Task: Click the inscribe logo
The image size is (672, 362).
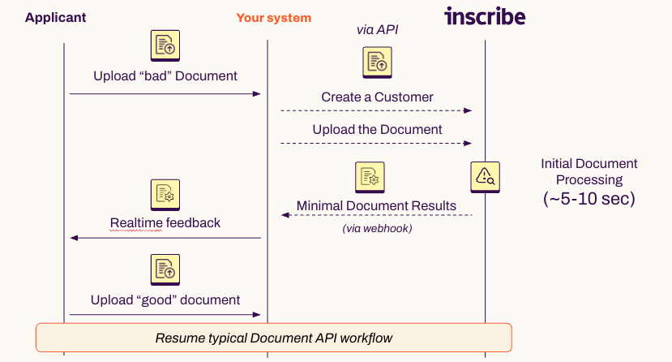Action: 485,16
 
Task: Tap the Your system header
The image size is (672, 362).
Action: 273,18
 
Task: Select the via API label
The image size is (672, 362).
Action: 378,30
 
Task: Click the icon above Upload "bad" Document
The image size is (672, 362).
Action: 165,45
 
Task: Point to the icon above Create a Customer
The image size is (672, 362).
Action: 377,62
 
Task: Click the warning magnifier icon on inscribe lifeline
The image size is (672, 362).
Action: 485,175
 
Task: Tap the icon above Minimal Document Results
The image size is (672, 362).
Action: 369,177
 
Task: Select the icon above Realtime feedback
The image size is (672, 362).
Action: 165,195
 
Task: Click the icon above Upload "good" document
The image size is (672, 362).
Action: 165,269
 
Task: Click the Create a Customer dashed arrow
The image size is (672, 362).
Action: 377,110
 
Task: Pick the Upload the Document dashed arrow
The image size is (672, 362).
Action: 377,143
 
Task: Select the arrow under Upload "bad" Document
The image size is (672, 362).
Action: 165,94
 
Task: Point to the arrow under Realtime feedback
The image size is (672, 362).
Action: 165,238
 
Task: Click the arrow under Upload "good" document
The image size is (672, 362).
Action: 165,314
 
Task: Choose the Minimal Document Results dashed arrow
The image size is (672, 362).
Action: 377,215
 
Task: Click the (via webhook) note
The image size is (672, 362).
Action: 377,229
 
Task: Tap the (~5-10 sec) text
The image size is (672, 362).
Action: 589,198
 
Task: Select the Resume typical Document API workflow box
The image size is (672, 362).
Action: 273,338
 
